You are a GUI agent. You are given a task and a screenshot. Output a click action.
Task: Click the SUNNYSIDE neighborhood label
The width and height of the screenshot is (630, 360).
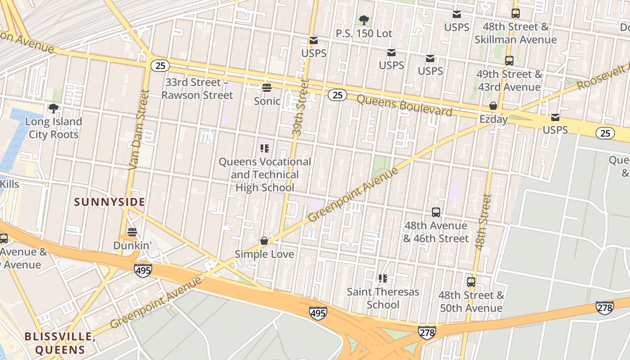[110, 202]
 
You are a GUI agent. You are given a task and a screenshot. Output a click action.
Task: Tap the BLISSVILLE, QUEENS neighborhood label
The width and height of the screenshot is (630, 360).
[60, 343]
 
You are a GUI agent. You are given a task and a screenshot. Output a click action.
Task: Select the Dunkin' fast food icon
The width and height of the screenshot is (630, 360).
[132, 232]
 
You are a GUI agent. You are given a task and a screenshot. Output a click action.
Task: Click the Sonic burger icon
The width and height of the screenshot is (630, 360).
[267, 87]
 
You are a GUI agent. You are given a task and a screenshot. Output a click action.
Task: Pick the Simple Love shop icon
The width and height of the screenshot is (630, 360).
[264, 241]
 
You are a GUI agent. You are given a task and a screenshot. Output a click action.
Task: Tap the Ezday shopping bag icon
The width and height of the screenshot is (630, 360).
[493, 106]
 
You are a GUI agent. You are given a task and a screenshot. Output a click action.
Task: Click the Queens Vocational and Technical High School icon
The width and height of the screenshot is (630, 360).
[265, 148]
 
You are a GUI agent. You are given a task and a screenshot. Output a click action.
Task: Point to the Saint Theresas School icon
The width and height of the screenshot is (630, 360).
[383, 279]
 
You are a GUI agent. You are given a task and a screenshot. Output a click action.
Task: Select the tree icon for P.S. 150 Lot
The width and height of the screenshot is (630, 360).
[364, 20]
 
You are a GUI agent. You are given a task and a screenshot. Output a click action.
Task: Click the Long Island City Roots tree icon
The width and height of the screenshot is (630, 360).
[54, 108]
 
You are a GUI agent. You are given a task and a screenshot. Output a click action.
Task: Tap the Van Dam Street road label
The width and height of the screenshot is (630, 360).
[139, 130]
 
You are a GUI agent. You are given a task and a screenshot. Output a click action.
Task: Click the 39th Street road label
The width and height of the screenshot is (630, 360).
[299, 108]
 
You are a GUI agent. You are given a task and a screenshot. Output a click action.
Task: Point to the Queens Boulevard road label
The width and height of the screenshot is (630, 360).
[404, 105]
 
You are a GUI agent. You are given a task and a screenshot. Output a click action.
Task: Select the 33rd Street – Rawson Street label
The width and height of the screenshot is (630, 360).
[197, 89]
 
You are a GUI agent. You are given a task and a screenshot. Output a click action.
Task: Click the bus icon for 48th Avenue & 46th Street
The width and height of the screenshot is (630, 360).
[436, 212]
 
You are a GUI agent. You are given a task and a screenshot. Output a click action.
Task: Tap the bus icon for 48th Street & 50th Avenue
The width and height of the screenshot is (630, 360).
[471, 282]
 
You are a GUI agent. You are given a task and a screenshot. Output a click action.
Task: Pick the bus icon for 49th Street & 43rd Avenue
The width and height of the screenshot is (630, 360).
[509, 61]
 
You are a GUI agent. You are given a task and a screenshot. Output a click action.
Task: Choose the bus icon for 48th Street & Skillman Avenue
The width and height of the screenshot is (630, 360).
[516, 13]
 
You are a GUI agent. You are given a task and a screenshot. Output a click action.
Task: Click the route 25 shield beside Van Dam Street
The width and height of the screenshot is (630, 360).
[160, 66]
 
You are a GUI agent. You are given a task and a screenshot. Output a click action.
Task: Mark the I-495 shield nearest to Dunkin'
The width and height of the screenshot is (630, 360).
[143, 270]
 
